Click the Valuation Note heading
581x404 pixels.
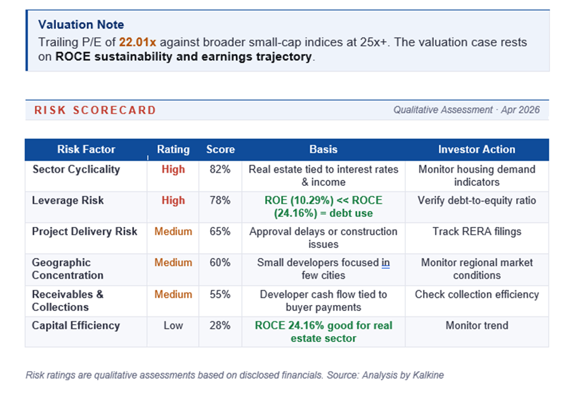pos(81,25)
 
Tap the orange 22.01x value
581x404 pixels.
pos(138,42)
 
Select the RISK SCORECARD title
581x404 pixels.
pos(95,110)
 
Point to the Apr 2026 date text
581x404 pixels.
pos(520,110)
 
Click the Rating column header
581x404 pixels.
pos(173,150)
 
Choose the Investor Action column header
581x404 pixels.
pos(477,150)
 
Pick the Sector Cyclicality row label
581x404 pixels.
pos(76,169)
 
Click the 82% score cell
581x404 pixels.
pos(220,169)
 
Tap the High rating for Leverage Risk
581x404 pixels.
pos(173,201)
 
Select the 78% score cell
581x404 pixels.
pos(220,201)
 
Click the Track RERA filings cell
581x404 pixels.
pos(477,232)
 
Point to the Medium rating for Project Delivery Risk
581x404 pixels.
pos(173,232)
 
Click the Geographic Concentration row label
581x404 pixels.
pos(68,269)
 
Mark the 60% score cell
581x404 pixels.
pos(220,263)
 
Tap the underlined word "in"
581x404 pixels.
pos(386,263)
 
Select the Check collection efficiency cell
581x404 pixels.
pos(477,295)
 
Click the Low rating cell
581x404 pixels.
pos(173,326)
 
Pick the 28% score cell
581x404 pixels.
pos(220,326)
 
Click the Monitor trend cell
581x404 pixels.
pos(477,326)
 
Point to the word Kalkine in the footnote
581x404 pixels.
pos(428,375)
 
